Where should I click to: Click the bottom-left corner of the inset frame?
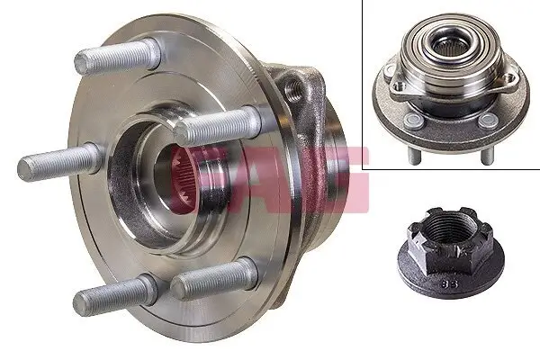[364, 169]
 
